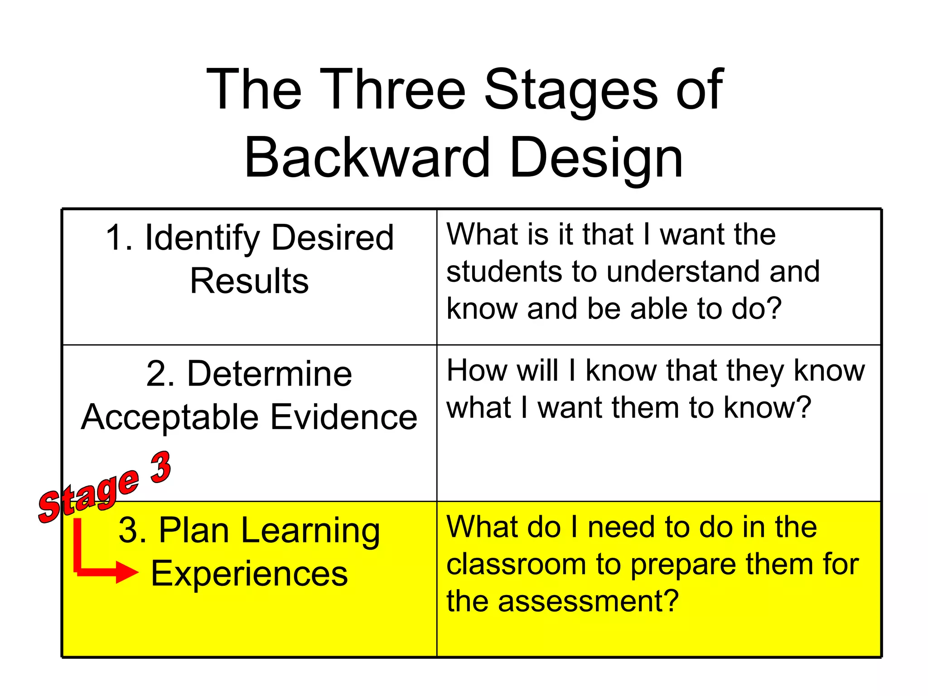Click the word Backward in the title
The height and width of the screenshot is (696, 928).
(x=367, y=158)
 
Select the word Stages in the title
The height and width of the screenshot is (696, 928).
(x=571, y=89)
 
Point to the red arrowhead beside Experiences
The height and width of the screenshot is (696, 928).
(x=127, y=572)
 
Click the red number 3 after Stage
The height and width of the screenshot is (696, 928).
(x=161, y=468)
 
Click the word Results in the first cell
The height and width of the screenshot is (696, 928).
(x=249, y=281)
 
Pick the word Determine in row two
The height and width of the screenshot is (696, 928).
(x=269, y=374)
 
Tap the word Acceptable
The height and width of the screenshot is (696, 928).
(x=170, y=417)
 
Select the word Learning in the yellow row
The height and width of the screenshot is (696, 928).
(x=310, y=531)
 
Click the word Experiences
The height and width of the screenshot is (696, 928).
(x=249, y=574)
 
